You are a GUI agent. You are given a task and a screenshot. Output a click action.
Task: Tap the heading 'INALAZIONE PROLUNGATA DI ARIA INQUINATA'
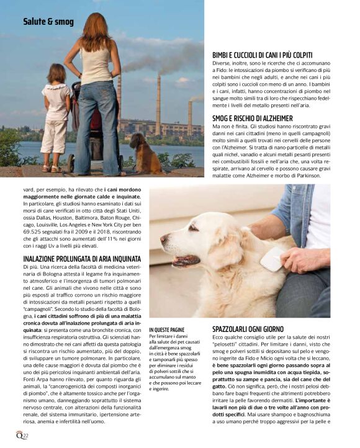(82, 258)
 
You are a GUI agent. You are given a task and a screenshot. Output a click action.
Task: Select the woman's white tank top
(96, 65)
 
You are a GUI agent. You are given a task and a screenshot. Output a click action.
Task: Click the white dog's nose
(164, 240)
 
